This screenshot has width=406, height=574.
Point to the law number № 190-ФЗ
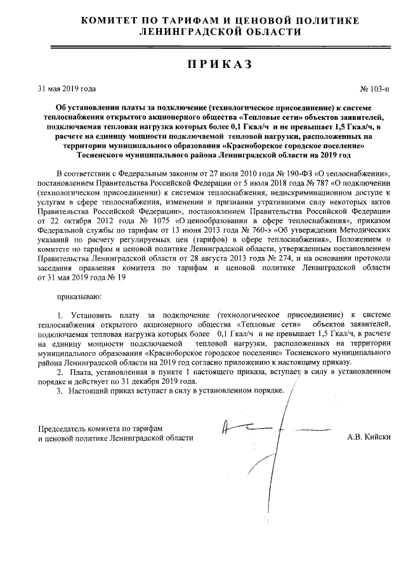[x=272, y=173]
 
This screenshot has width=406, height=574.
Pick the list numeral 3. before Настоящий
[x=61, y=390]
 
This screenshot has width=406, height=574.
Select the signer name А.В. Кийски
[x=369, y=437]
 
